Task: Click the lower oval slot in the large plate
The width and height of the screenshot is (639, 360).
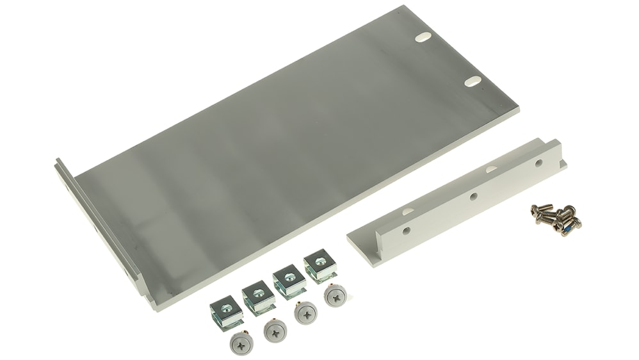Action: (473, 81)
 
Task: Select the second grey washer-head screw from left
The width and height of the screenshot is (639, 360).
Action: (275, 330)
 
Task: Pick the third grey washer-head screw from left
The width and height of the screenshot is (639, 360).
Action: (305, 313)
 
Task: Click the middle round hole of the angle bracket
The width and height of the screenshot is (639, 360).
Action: (472, 196)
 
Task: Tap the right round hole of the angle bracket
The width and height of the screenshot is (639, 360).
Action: (537, 164)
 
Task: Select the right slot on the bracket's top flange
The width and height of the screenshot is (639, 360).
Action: (491, 169)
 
